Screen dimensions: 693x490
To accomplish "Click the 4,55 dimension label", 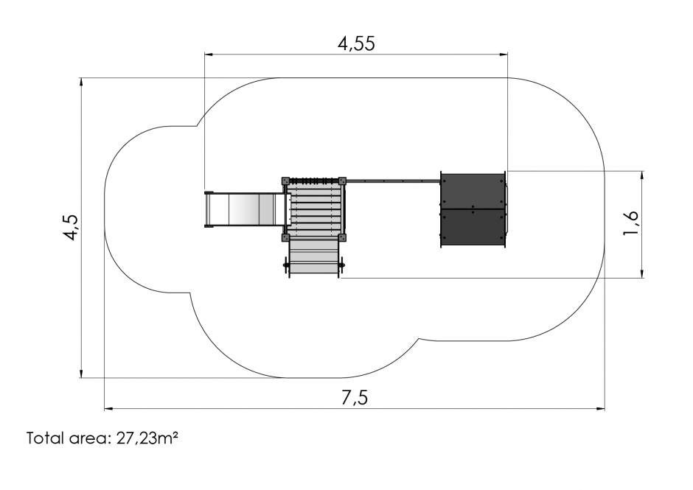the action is pos(356,43).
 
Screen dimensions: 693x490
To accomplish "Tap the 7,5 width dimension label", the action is pos(355,398).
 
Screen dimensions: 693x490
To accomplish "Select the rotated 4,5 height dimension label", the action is pos(71,228).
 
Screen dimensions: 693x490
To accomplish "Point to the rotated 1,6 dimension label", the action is pos(630,223).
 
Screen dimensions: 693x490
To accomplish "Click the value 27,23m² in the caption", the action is pos(147,438).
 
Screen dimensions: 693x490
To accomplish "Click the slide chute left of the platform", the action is pos(245,209).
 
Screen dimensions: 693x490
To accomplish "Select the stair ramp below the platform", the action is pos(314,259).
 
